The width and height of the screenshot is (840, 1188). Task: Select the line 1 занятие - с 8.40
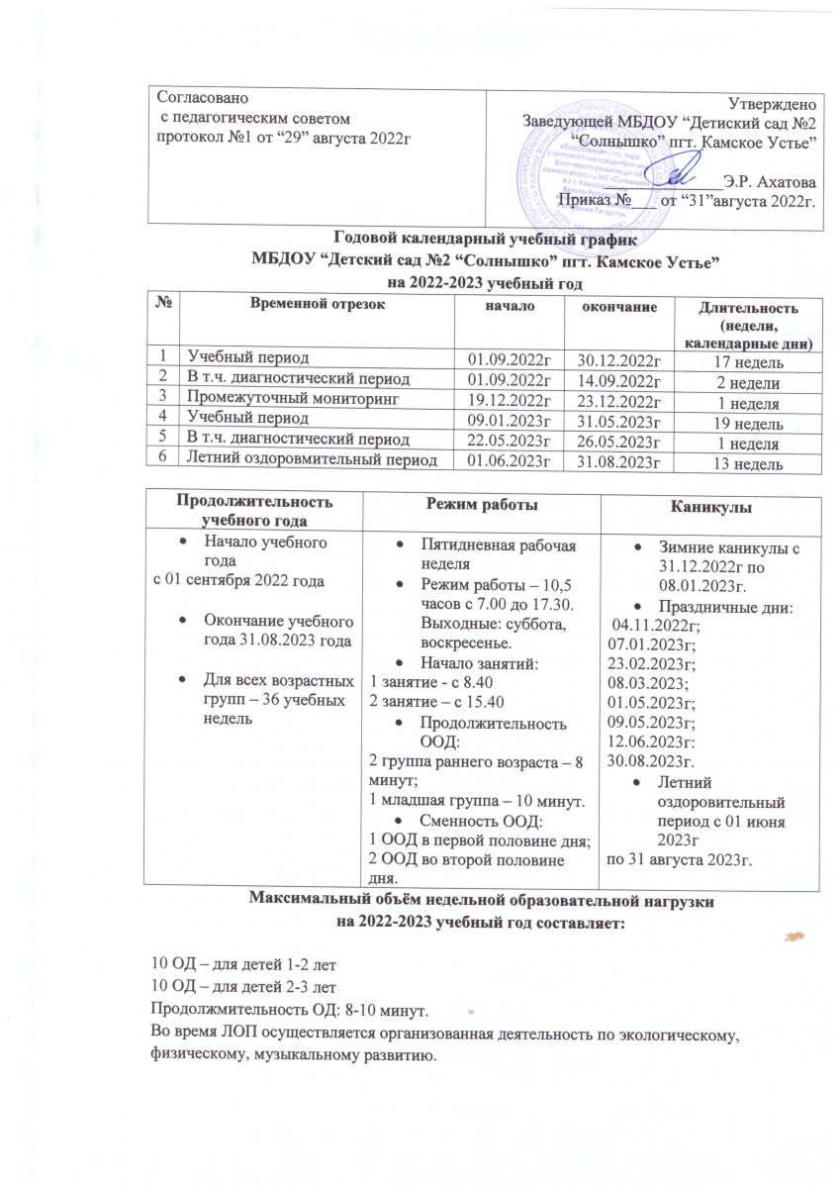click(x=422, y=682)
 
